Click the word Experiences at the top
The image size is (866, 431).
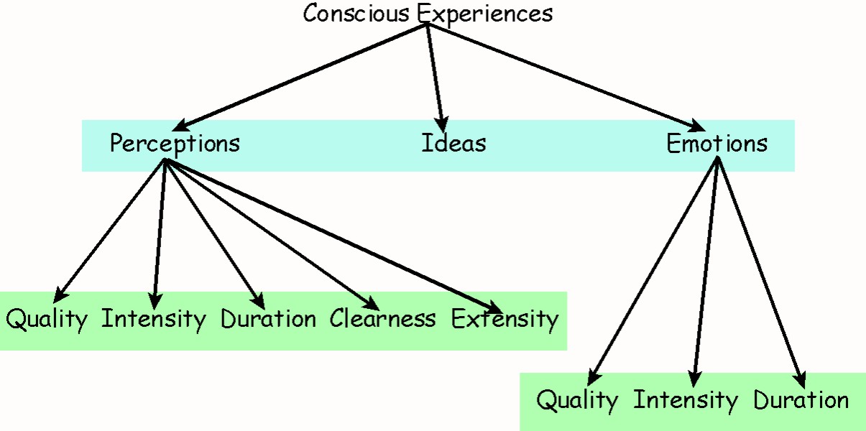(x=485, y=14)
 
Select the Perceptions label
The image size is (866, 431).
(x=175, y=144)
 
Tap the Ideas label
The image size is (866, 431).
(x=453, y=143)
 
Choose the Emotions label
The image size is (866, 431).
(x=717, y=144)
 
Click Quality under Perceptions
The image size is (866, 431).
(x=47, y=319)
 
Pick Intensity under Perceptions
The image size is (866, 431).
(x=153, y=318)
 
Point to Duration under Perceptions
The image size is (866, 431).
(x=268, y=318)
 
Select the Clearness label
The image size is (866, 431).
(x=382, y=318)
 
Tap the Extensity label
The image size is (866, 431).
(x=505, y=318)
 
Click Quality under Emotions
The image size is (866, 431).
(x=577, y=400)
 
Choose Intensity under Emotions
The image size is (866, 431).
(x=685, y=400)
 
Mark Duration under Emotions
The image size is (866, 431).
(x=801, y=400)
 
